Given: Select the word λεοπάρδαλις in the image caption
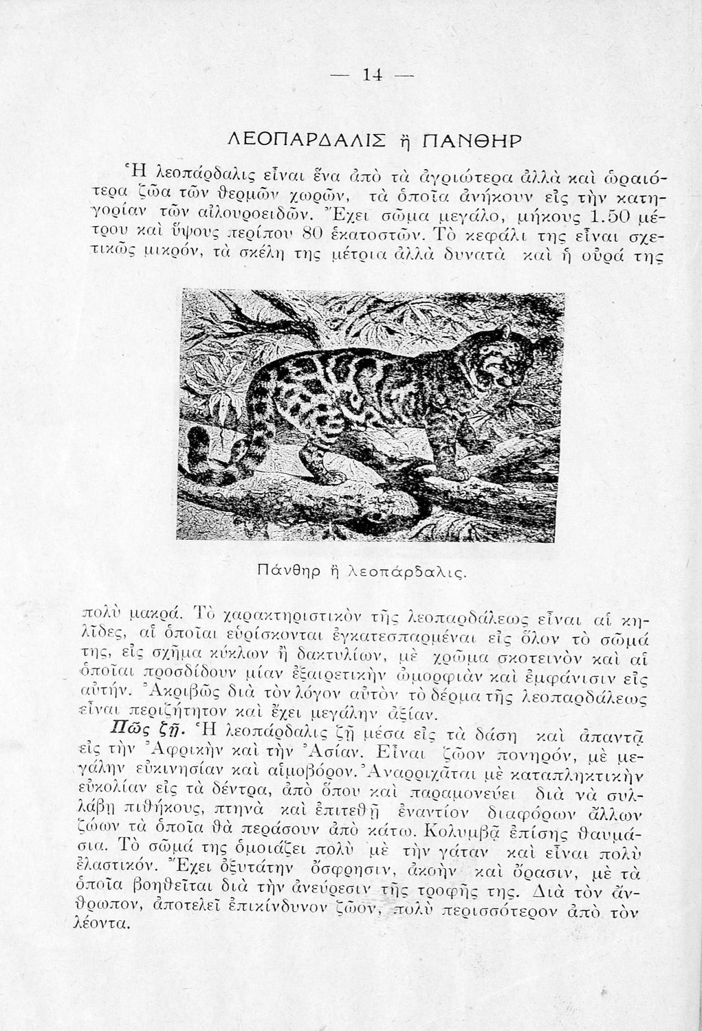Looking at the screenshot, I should coord(407,570).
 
